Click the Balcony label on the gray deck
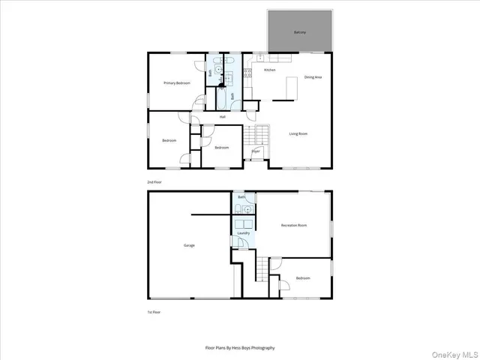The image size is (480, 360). coord(299,33)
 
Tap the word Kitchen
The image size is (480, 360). coord(269,70)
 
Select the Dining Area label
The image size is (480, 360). coord(313,77)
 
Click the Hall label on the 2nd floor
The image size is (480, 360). coord(223,117)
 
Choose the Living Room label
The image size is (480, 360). coord(298,133)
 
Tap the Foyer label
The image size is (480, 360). coord(256,151)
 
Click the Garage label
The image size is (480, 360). coord(190,245)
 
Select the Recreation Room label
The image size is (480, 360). coord(294,225)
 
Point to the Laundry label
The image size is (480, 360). coord(243,233)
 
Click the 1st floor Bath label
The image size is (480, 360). coord(241,197)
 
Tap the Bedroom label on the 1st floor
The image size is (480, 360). coord(303,278)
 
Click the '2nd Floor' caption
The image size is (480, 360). coord(154,181)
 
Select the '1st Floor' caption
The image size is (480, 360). coord(154,312)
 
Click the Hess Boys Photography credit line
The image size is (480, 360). coord(240,348)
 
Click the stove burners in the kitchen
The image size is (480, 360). coord(248,74)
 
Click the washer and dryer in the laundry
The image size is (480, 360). coord(244,223)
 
